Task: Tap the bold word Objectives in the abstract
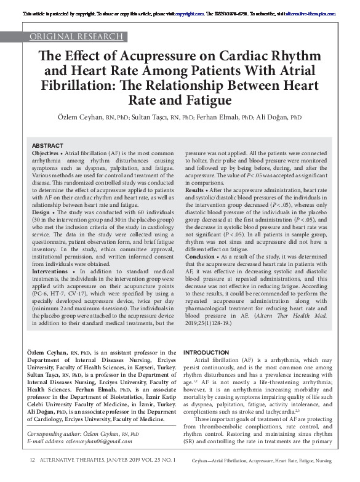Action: [46, 151]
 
